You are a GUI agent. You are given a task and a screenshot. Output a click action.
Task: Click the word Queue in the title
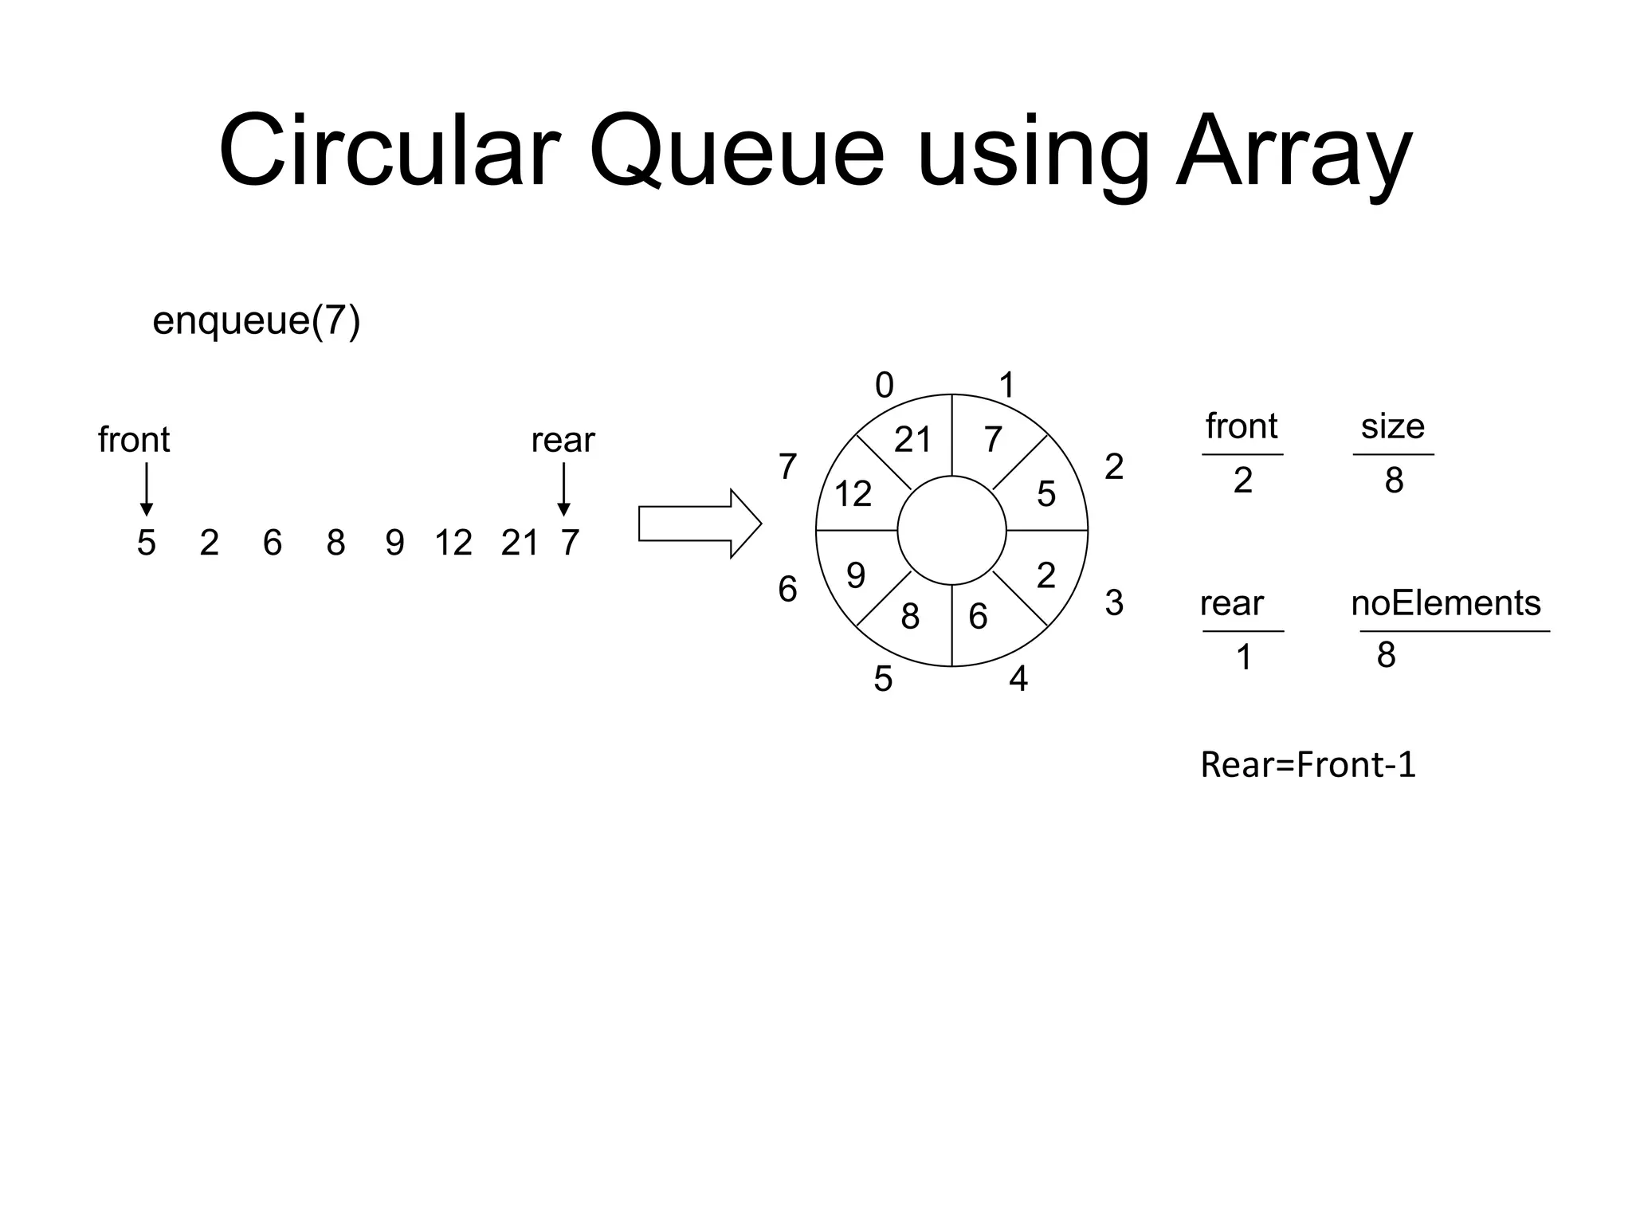(x=736, y=151)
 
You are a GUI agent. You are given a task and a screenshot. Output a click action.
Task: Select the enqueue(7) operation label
(x=256, y=321)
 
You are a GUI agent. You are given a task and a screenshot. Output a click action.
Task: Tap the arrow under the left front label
(x=146, y=489)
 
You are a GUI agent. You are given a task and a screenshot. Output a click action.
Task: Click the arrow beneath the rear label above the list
(x=563, y=489)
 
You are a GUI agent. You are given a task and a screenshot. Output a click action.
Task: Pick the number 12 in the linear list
(x=453, y=543)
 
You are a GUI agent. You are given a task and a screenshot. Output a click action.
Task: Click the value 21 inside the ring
(x=912, y=440)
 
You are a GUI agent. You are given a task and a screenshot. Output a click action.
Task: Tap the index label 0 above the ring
(x=885, y=386)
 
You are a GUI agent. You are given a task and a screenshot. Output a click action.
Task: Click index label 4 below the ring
(x=1018, y=679)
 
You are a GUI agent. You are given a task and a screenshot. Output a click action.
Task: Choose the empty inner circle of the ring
(x=951, y=530)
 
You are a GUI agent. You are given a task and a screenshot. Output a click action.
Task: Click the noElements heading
(x=1446, y=603)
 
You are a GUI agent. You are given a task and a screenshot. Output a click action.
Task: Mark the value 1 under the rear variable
(x=1243, y=658)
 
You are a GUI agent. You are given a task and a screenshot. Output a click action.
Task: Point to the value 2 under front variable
(x=1242, y=481)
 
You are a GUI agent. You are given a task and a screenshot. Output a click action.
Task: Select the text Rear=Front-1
(x=1308, y=765)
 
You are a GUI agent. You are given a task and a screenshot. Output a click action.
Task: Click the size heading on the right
(x=1392, y=426)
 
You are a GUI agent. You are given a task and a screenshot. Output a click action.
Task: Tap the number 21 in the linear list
(x=520, y=543)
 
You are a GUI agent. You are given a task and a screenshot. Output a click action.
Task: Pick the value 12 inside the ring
(x=853, y=494)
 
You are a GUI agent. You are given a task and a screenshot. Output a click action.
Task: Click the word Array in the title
(x=1293, y=151)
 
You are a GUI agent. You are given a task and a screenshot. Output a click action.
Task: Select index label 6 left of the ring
(x=787, y=590)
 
